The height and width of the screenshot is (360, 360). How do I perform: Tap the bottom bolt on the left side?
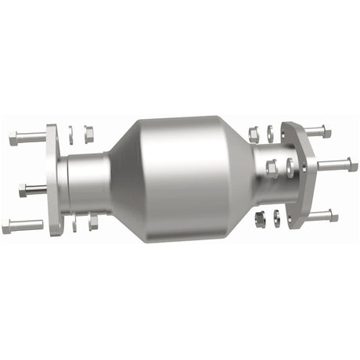coord(23,227)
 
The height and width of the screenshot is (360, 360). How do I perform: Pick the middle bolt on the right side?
coord(337,165)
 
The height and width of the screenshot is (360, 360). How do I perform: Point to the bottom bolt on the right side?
coord(321,214)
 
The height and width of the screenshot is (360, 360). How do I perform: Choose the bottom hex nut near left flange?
coord(93,222)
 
